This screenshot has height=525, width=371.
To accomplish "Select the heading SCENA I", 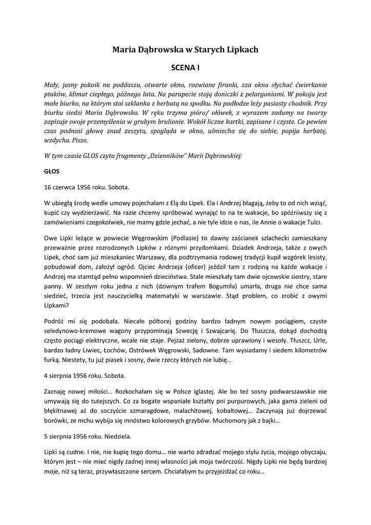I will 185,67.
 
